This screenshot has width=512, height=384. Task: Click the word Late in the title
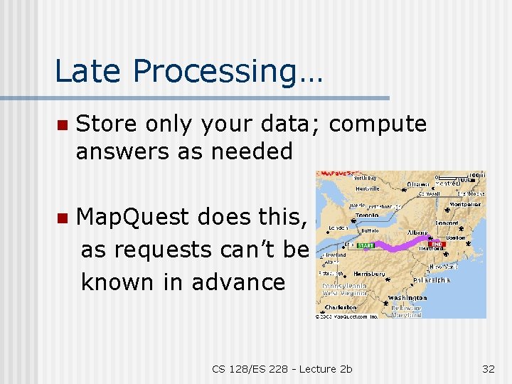coord(86,71)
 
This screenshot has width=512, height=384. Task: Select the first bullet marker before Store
coord(62,125)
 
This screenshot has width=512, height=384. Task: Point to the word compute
coord(378,124)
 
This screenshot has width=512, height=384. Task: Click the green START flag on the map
coord(365,245)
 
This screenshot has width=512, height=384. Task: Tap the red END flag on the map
coord(437,244)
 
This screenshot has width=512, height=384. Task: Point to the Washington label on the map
coord(407,298)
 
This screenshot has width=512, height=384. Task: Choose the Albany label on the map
coord(417,233)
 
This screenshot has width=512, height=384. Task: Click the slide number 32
coord(488,368)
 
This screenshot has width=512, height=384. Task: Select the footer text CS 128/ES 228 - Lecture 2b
coord(282,368)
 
